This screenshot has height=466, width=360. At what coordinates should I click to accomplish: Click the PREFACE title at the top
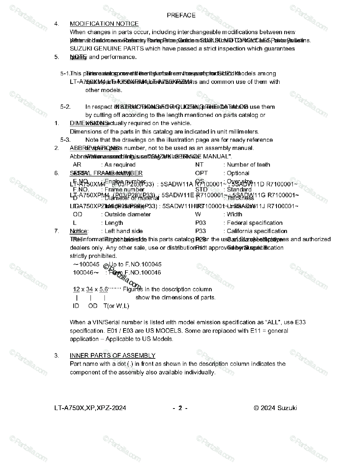[x=181, y=15]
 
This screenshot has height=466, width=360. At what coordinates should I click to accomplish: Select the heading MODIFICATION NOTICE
[x=104, y=24]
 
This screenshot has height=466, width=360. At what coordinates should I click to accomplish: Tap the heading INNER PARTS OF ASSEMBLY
[x=112, y=355]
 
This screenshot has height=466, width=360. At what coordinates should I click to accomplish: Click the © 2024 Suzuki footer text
[x=275, y=408]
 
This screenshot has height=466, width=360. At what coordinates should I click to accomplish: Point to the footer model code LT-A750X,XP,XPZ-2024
[x=90, y=408]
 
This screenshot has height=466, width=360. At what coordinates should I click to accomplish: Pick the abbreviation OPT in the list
[x=201, y=173]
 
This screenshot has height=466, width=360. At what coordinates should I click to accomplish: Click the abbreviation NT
[x=199, y=165]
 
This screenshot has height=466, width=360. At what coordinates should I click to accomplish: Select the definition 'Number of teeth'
[x=249, y=165]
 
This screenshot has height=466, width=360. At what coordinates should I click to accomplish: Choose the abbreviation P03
[x=200, y=223]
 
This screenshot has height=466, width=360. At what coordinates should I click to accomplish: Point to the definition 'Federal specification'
[x=255, y=223]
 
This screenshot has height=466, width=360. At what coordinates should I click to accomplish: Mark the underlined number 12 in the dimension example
[x=77, y=289]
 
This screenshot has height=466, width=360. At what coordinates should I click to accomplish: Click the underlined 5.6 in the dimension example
[x=104, y=289]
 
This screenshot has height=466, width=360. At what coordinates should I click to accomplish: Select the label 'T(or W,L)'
[x=116, y=306]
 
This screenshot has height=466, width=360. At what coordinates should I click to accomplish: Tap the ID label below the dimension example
[x=76, y=306]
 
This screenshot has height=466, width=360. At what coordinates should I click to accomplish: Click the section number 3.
[x=57, y=355]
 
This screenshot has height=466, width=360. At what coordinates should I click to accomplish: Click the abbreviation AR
[x=77, y=165]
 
